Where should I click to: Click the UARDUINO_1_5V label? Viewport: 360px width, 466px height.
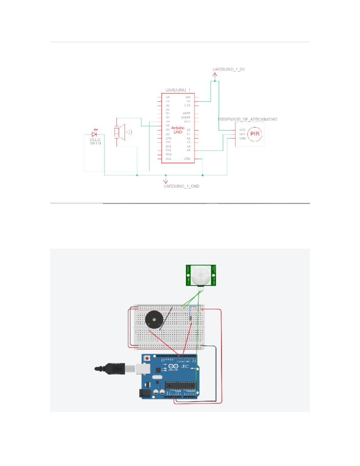pyautogui.click(x=229, y=69)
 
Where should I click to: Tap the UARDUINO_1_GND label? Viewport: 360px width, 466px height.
pyautogui.click(x=181, y=186)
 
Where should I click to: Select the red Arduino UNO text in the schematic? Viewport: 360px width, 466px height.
pyautogui.click(x=178, y=130)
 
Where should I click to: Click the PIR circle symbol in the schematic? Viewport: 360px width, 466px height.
pyautogui.click(x=255, y=134)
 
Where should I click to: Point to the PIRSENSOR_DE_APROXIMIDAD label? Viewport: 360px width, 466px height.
pyautogui.click(x=247, y=119)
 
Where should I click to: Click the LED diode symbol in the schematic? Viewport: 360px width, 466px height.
pyautogui.click(x=94, y=134)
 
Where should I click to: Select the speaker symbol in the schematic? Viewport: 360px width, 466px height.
pyautogui.click(x=121, y=132)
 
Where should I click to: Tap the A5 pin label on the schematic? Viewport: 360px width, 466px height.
pyautogui.click(x=188, y=150)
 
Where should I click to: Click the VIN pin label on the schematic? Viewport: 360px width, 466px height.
pyautogui.click(x=188, y=97)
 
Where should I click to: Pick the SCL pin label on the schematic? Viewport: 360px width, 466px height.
pyautogui.click(x=168, y=159)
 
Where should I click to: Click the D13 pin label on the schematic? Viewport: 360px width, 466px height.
pyautogui.click(x=168, y=150)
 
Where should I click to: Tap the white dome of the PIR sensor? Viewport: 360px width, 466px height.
pyautogui.click(x=201, y=275)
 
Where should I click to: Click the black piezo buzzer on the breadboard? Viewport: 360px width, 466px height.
pyautogui.click(x=154, y=320)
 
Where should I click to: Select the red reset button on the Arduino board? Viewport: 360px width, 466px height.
pyautogui.click(x=147, y=358)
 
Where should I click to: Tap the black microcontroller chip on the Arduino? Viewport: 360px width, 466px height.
pyautogui.click(x=180, y=385)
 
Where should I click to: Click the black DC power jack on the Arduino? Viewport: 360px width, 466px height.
pyautogui.click(x=145, y=393)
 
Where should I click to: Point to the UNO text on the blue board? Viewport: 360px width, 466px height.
pyautogui.click(x=185, y=366)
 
